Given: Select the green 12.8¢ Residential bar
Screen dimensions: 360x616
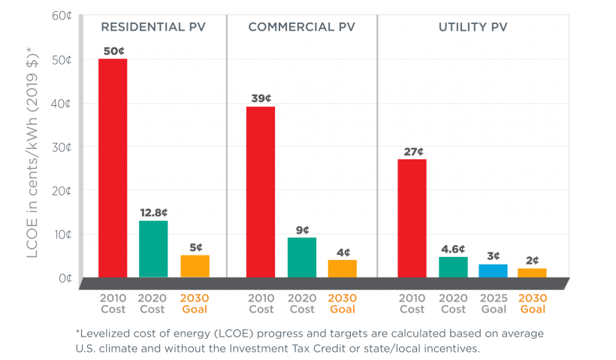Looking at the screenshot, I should click(x=152, y=249).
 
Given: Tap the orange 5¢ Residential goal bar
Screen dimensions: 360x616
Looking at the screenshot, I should click(x=195, y=266).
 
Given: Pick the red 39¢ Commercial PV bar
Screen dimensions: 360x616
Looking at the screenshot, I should click(x=261, y=192).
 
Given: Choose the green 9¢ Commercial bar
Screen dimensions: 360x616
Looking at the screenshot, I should click(x=301, y=257).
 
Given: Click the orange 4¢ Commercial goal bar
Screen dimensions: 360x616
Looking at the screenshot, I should click(x=343, y=268).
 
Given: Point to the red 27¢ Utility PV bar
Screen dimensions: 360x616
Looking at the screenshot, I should click(x=412, y=218).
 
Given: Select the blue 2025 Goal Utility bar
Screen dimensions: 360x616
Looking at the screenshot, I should click(x=493, y=271).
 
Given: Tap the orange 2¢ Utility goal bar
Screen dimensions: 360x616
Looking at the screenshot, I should click(x=532, y=273).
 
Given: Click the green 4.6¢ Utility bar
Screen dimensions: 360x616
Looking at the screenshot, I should click(x=453, y=267).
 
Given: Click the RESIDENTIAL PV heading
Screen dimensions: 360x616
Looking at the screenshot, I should click(x=153, y=27).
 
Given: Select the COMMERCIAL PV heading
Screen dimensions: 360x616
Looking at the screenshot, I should click(x=301, y=27).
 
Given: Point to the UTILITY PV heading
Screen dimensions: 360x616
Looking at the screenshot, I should click(x=473, y=27).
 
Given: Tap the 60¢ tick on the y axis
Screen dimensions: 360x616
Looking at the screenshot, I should click(x=62, y=16).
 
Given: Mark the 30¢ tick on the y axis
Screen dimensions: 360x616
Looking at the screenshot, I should click(x=62, y=147).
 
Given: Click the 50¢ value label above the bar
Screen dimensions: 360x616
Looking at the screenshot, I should click(x=113, y=51).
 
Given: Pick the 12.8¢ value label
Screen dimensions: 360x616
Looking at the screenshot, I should click(x=153, y=212).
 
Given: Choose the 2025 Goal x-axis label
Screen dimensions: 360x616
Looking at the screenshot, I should click(x=493, y=304).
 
